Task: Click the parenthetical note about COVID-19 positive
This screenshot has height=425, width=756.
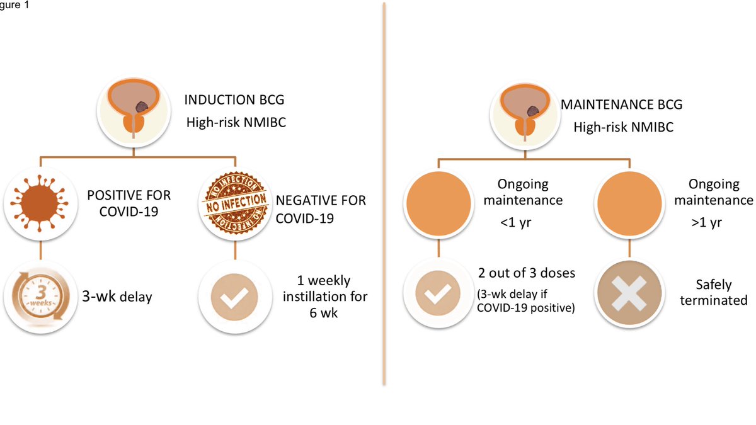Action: click(527, 302)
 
